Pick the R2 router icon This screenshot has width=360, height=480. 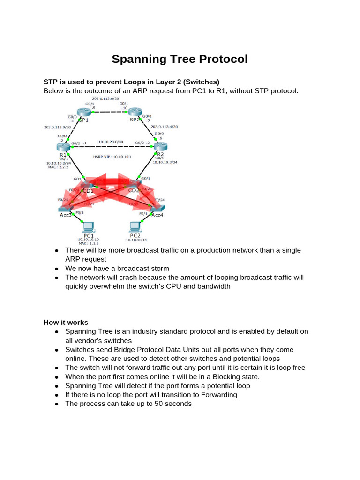coord(160,147)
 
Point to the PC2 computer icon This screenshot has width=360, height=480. coord(135,227)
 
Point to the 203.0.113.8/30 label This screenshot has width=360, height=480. coord(105,98)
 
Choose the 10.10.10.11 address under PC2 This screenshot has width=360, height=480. coord(135,240)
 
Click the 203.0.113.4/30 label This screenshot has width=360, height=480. coord(165,127)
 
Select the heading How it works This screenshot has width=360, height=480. coord(66,322)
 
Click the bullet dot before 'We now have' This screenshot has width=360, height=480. coord(56,269)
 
